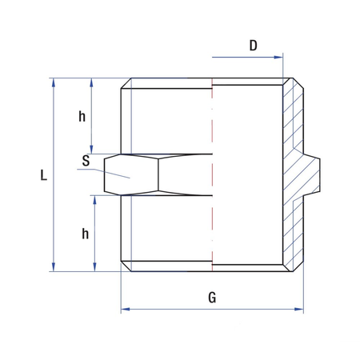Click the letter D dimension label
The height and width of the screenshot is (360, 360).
click(x=253, y=46)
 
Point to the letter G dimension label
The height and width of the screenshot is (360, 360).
click(x=211, y=298)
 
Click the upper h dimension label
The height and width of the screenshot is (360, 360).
click(x=82, y=117)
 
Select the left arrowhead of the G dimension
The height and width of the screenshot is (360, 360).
click(x=125, y=309)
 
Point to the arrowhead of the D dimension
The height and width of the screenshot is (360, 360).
click(x=279, y=57)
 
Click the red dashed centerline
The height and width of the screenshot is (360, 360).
click(x=212, y=176)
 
